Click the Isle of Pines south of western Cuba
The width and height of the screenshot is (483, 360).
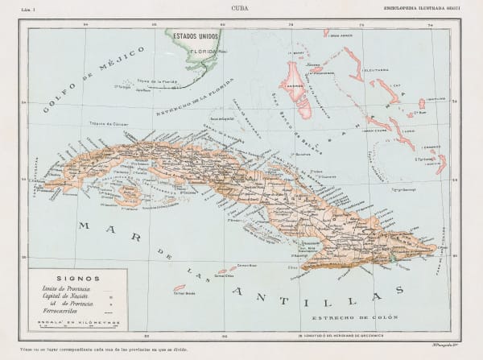tap(128, 194)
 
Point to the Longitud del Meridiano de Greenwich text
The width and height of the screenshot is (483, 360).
tap(338, 334)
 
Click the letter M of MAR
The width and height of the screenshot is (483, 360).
tap(82, 226)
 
